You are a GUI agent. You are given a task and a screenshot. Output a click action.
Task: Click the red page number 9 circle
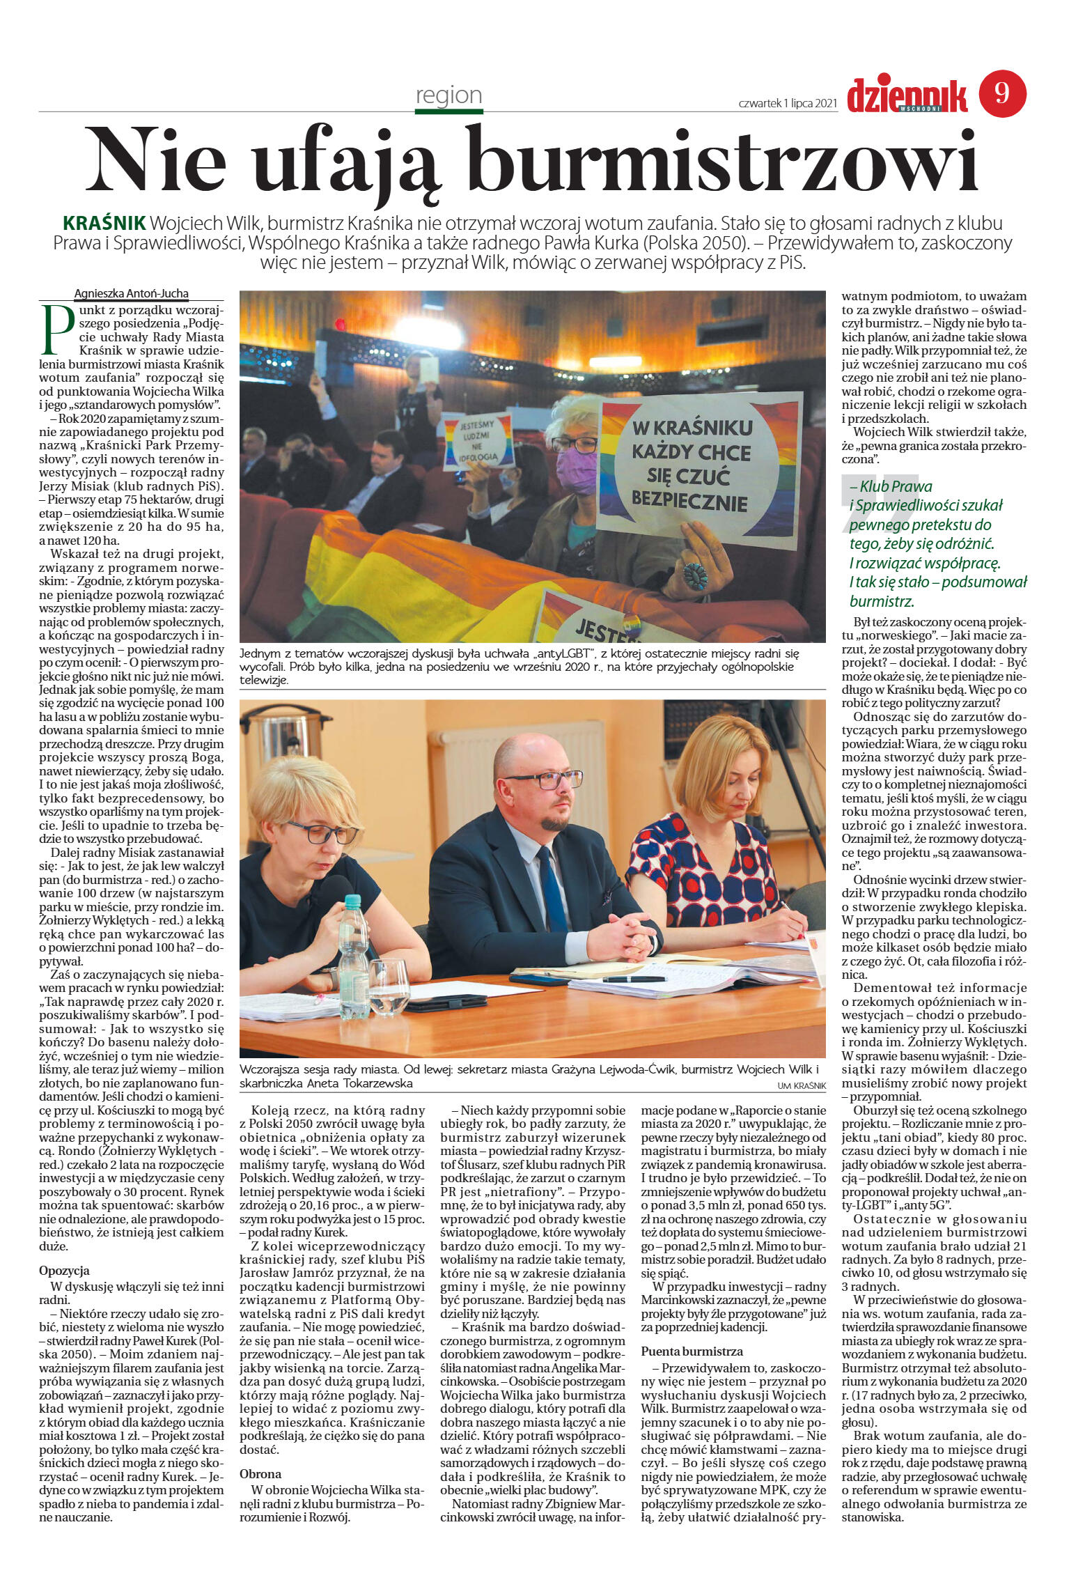(1002, 94)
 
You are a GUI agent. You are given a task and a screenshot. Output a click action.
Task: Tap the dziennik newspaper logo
(907, 96)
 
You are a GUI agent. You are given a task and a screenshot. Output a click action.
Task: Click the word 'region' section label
(448, 95)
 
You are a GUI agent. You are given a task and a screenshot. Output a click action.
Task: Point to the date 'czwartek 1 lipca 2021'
(787, 103)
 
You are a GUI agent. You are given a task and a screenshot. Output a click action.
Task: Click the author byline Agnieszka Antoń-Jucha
(132, 293)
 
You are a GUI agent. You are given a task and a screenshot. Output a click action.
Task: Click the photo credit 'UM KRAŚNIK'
(801, 1086)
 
